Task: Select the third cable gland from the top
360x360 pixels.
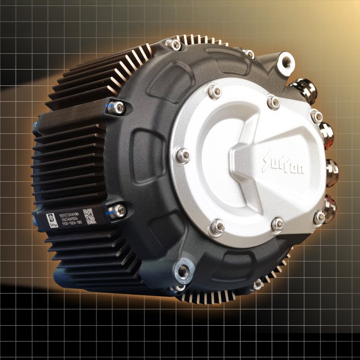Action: (x=332, y=170)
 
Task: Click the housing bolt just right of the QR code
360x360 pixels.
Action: (x=116, y=211)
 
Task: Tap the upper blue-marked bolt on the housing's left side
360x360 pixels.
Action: (x=119, y=108)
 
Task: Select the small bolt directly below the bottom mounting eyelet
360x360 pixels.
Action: (x=179, y=288)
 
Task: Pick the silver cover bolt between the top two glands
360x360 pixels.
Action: (x=316, y=116)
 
